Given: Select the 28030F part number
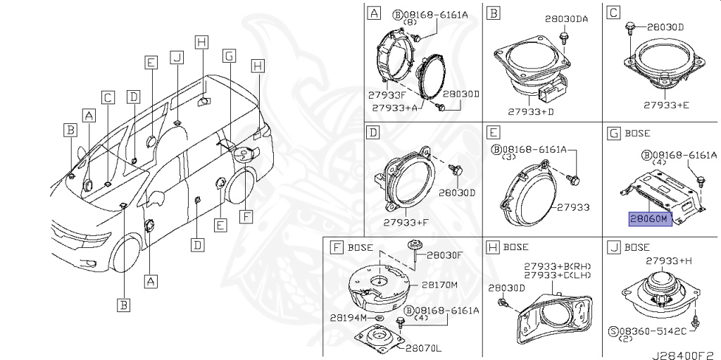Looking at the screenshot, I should pos(444,255).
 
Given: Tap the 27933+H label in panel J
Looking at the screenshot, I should pos(670,261).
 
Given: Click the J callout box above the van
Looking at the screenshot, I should pos(177,57).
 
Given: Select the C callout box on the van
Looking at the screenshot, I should pos(107,99).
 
